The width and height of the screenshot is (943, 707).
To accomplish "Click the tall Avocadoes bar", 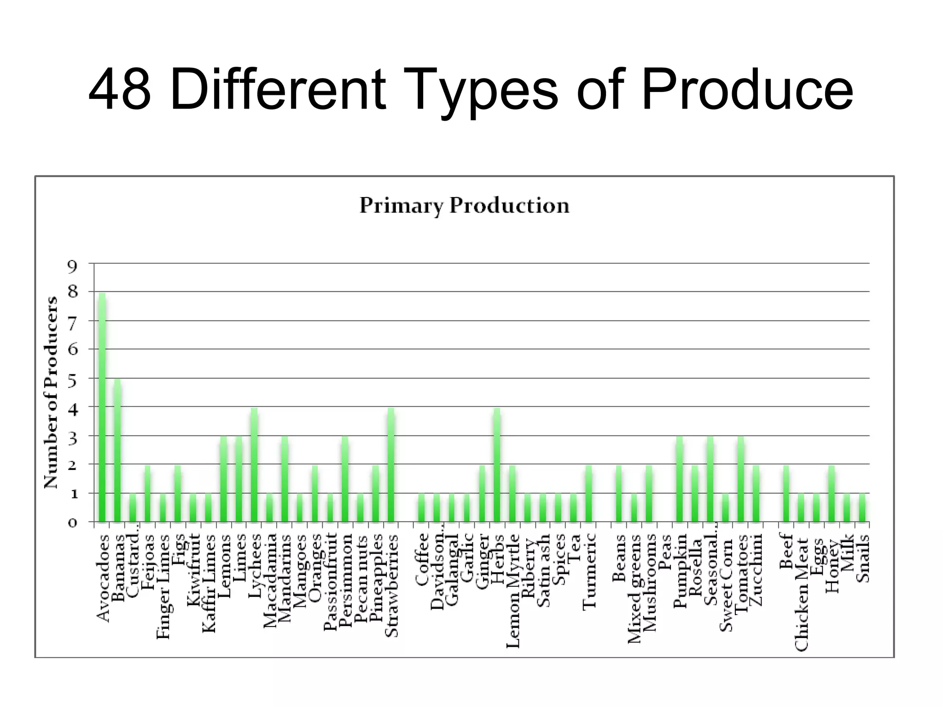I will click(x=102, y=407).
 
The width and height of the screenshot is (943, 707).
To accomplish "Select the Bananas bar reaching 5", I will click(x=117, y=450).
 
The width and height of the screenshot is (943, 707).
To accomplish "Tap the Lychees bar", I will click(x=254, y=465).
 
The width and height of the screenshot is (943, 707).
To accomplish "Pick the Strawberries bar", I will click(x=391, y=465).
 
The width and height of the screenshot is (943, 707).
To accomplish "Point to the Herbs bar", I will click(x=497, y=465).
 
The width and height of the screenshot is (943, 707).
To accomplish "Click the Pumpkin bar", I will click(x=679, y=479).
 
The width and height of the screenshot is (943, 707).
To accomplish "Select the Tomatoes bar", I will click(x=740, y=479).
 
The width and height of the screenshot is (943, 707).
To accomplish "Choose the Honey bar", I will click(x=832, y=493).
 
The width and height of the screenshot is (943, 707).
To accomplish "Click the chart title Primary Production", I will click(x=464, y=205).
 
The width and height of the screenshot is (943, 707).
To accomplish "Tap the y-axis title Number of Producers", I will click(x=51, y=392).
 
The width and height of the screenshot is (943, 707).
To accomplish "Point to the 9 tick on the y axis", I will click(x=72, y=266).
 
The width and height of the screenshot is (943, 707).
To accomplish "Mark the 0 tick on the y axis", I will click(x=72, y=523).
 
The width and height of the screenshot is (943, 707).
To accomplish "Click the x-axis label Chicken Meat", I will click(x=802, y=594).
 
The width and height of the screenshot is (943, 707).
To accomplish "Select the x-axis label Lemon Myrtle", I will click(x=512, y=591).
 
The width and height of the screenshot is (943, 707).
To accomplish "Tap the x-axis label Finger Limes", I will click(x=163, y=586).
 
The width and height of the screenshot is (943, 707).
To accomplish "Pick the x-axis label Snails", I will click(x=863, y=558).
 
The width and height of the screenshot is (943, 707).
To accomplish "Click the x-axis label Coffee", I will click(x=422, y=560).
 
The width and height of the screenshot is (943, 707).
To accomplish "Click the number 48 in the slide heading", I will click(x=120, y=90).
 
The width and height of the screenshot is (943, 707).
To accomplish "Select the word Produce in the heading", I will click(x=746, y=90).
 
